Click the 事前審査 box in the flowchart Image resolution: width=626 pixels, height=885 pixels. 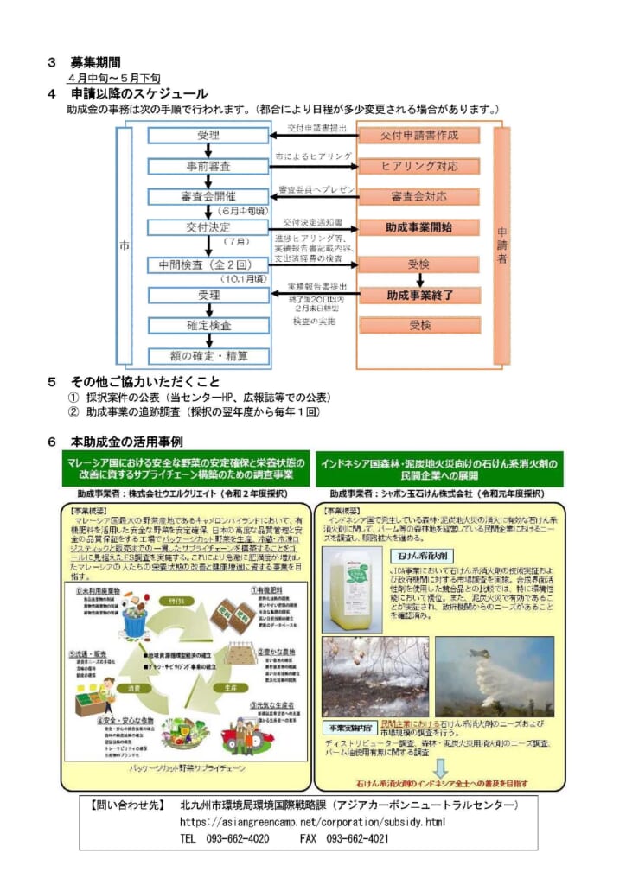(x=208, y=166)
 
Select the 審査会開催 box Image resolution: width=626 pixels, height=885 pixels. (x=208, y=196)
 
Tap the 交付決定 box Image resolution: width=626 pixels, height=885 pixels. (x=208, y=227)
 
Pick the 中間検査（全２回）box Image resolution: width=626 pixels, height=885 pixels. (x=208, y=264)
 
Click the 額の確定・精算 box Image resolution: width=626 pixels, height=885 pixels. (x=208, y=355)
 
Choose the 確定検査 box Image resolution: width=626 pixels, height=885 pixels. (x=208, y=326)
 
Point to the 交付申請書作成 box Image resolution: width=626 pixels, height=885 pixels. (x=419, y=136)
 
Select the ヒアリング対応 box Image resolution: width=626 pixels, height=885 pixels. (x=419, y=166)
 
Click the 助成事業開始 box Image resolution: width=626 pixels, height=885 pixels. (x=419, y=227)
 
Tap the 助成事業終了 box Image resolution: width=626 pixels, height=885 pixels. (x=419, y=296)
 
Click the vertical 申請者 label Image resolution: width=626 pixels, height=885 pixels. (x=502, y=245)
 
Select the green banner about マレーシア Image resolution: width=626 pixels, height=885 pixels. (x=185, y=468)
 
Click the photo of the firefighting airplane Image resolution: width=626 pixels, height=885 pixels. (x=495, y=678)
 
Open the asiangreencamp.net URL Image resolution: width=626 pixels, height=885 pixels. (x=312, y=821)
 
